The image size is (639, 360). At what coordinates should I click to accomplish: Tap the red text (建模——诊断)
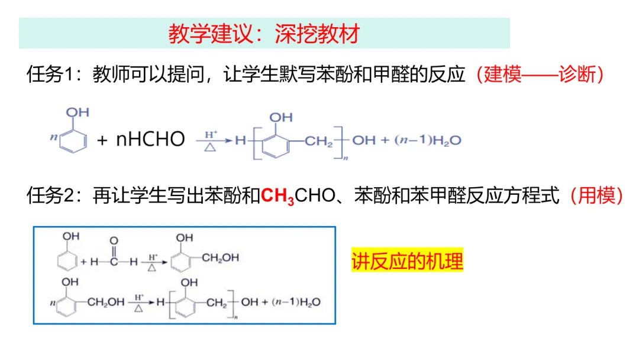coord(541,75)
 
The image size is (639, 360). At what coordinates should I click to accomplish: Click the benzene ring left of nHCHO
coord(76,140)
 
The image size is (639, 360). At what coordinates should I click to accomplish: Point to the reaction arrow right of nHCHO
coord(211,141)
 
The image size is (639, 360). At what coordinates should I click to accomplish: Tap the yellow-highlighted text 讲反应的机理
coord(407,261)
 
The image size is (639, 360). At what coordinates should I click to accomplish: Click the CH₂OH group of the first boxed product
coord(220,258)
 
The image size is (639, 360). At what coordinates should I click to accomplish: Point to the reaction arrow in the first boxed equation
coord(152,261)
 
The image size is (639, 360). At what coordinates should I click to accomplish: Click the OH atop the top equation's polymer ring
coord(280,118)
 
